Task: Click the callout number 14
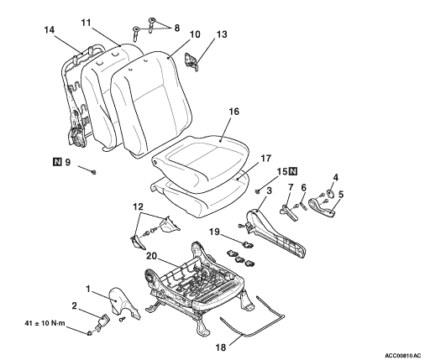(50, 29)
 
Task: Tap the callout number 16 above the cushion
(233, 112)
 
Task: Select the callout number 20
(152, 256)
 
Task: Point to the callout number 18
(220, 347)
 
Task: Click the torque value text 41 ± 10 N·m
(45, 323)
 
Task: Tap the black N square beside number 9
(57, 162)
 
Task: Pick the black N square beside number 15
(292, 171)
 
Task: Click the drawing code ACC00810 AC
(402, 356)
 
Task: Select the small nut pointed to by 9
(94, 172)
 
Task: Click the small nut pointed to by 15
(258, 191)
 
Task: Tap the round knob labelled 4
(331, 193)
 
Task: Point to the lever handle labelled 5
(321, 207)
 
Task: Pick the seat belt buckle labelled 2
(102, 322)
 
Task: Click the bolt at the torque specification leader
(90, 333)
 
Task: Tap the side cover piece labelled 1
(122, 304)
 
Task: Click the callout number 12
(138, 206)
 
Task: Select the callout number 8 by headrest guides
(176, 28)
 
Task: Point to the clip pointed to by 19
(247, 245)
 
